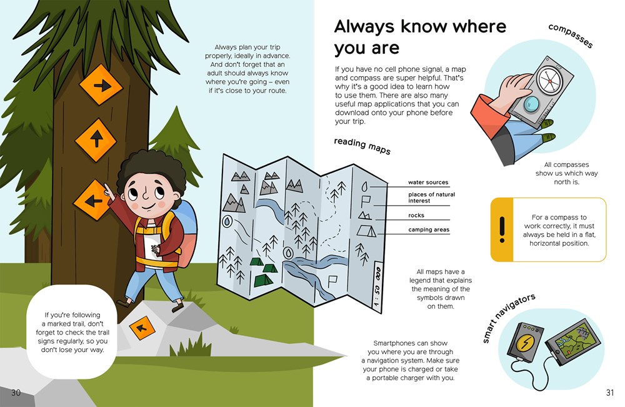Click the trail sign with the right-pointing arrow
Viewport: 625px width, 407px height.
click(101, 85)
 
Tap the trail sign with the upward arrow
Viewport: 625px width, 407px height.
click(96, 140)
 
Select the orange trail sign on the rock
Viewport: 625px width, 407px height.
click(142, 328)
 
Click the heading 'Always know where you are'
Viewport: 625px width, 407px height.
click(420, 37)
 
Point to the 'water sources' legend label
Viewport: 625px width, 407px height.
click(428, 182)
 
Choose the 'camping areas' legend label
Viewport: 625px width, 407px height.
click(429, 229)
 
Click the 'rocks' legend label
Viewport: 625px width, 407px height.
click(416, 215)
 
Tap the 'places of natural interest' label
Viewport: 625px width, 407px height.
click(431, 198)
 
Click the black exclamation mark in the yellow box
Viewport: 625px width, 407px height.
click(502, 229)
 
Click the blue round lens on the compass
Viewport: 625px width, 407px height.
click(531, 104)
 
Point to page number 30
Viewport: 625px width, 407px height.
click(16, 393)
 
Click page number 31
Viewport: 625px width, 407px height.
click(610, 393)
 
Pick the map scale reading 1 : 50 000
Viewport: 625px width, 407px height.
click(377, 286)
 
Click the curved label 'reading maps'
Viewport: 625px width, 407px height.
click(362, 146)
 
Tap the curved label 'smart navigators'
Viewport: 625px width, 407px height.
click(509, 318)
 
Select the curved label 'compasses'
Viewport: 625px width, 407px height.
click(571, 36)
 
